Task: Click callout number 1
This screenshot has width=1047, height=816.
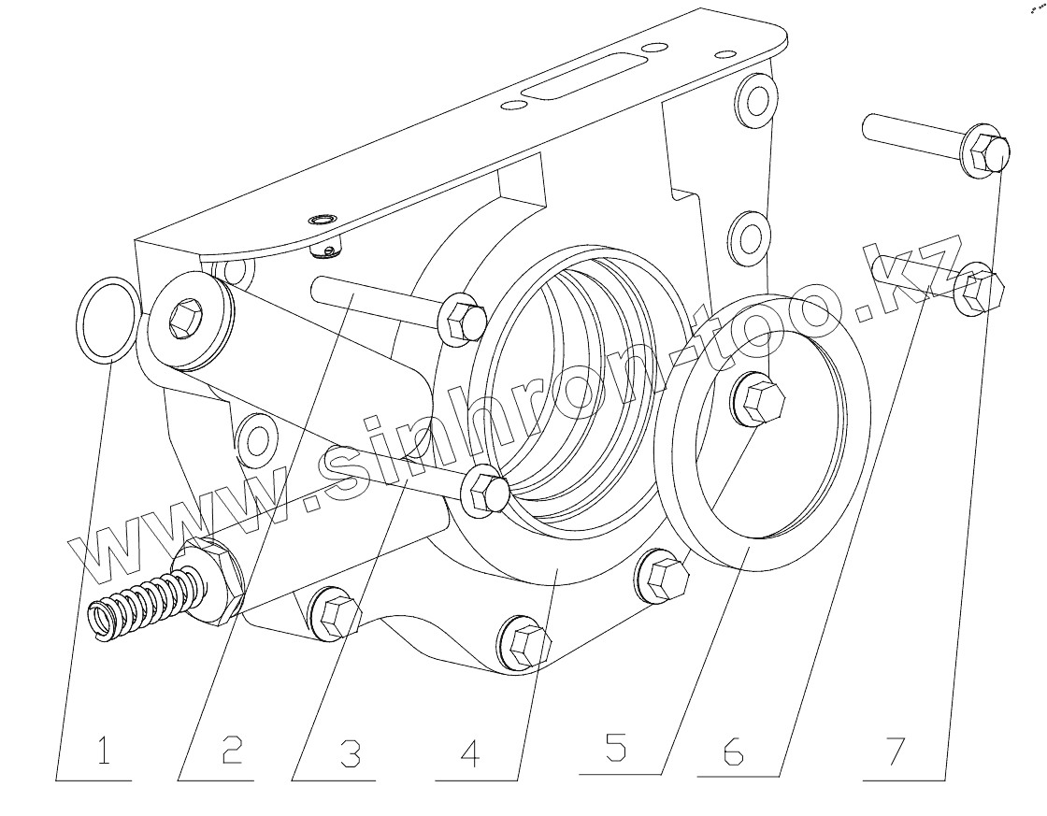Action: pyautogui.click(x=103, y=753)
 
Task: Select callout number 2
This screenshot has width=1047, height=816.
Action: pyautogui.click(x=231, y=753)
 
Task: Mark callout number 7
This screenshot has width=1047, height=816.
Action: pyautogui.click(x=896, y=752)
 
